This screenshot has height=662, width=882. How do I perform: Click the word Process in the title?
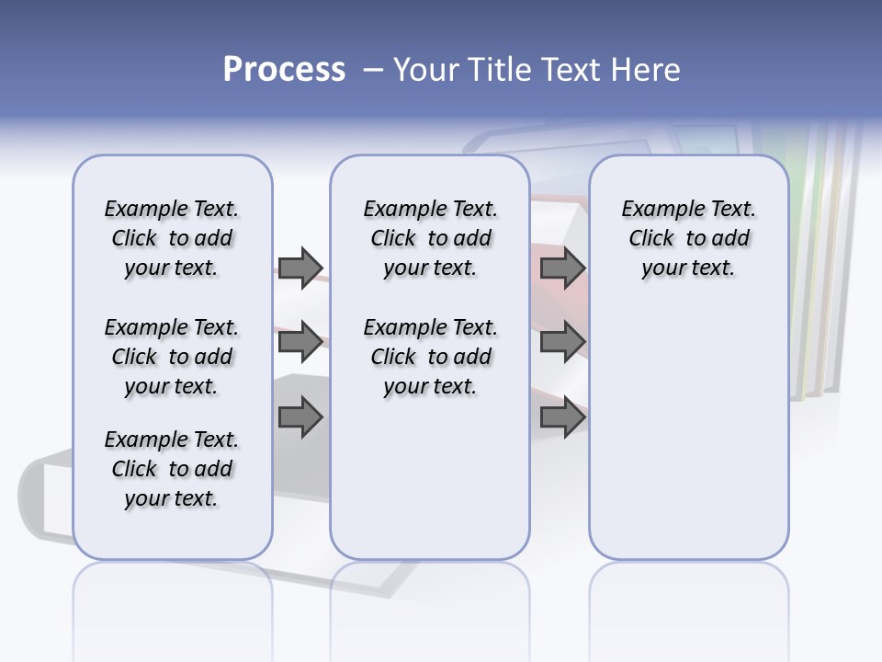[284, 69]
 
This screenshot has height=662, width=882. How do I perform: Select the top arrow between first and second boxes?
[300, 268]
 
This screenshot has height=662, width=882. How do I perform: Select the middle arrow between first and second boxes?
[300, 342]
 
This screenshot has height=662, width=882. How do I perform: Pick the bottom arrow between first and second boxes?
[300, 417]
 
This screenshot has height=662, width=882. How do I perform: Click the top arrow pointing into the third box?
[562, 268]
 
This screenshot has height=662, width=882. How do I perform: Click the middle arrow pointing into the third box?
[562, 342]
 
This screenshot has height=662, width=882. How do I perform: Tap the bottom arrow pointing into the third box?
[562, 417]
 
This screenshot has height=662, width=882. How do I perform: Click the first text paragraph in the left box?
[172, 238]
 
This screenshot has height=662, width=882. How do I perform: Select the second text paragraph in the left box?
[172, 357]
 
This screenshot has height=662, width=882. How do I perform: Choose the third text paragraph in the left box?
[172, 469]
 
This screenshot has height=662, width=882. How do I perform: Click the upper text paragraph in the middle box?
[430, 238]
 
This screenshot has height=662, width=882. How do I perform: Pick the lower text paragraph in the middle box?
[430, 357]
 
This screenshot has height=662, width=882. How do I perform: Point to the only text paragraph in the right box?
[688, 238]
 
